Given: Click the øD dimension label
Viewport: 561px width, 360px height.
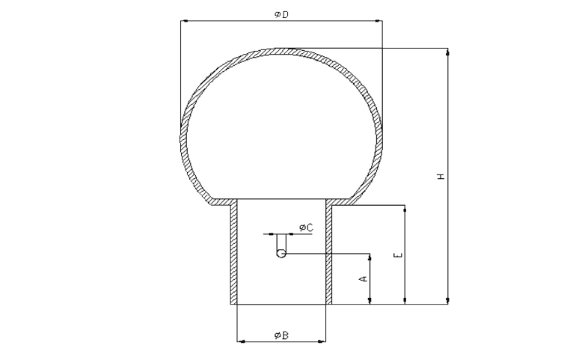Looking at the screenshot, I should [281, 15].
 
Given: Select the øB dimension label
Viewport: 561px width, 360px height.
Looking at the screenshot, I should [281, 334].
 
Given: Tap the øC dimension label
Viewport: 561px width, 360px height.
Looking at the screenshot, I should [305, 227].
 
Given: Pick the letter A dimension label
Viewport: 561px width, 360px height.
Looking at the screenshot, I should [364, 278].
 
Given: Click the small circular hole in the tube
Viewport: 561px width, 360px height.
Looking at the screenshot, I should [281, 253].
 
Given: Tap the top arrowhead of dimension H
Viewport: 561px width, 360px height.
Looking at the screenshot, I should [448, 53].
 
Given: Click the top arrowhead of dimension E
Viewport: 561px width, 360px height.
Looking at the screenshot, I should [405, 209].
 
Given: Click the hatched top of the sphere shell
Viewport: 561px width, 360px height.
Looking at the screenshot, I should [282, 50].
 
